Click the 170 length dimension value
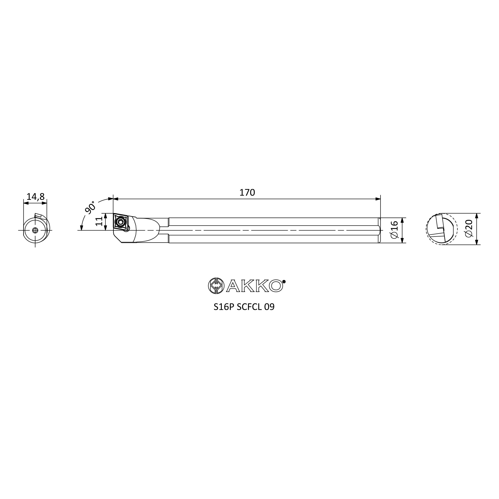click(247, 192)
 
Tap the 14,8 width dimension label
click(36, 197)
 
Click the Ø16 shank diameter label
click(394, 230)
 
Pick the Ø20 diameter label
click(469, 228)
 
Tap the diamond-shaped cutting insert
click(121, 221)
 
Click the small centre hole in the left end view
click(35, 230)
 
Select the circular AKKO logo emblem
click(216, 286)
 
